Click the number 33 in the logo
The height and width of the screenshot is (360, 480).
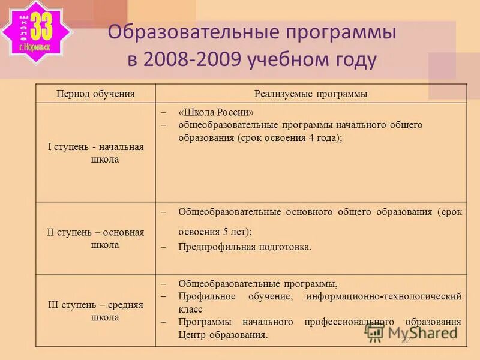tap(41, 26)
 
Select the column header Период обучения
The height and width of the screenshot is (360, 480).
tap(95, 94)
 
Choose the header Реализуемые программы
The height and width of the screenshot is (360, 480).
tap(311, 94)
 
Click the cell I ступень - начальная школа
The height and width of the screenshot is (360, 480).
tap(96, 153)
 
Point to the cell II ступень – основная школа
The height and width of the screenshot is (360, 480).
tap(96, 238)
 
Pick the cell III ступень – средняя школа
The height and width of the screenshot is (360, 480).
tap(96, 311)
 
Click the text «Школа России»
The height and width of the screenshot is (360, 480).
tap(216, 113)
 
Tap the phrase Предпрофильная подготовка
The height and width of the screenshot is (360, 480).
tap(245, 247)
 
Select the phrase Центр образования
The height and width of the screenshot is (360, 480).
tap(223, 335)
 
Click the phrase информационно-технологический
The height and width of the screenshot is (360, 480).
tap(383, 296)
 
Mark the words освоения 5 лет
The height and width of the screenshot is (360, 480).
tap(214, 232)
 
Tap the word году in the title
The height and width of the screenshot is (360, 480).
tap(352, 60)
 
